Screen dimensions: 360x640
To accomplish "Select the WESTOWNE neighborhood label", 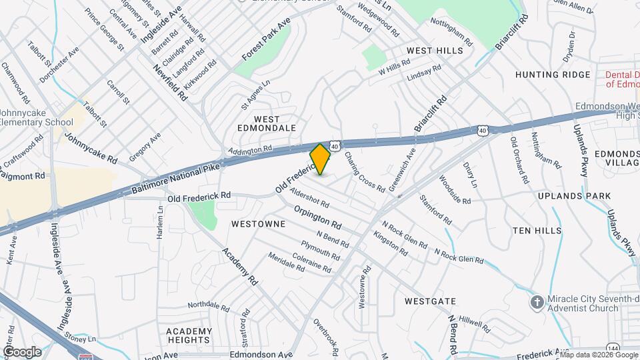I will [258, 224].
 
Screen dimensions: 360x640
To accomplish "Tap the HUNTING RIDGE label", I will [553, 75].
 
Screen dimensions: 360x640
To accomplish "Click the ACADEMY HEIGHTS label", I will [189, 337].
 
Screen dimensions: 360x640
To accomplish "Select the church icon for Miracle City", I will [537, 303].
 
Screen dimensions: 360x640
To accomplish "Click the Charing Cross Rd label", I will [365, 171].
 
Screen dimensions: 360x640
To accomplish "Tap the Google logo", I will [22, 351].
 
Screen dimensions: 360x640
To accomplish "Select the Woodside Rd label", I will [455, 190].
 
